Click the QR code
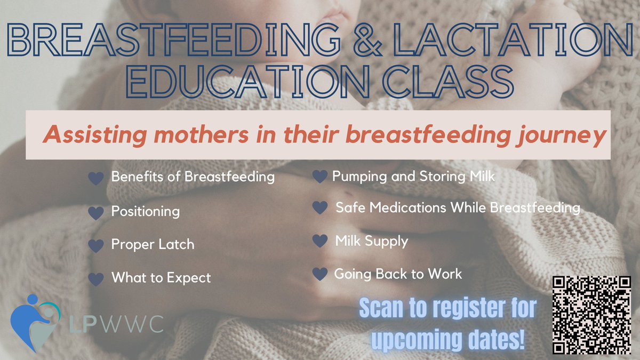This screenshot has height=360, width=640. tap(590, 315)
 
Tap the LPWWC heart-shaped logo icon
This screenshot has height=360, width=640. tap(33, 323)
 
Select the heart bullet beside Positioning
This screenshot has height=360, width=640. tap(95, 212)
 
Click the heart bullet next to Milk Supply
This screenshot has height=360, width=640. tap(319, 241)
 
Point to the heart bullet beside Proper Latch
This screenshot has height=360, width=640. tap(95, 245)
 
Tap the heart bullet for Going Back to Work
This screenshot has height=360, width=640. tap(319, 274)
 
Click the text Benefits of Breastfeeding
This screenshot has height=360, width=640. tap(193, 177)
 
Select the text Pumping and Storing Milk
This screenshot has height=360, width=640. tap(413, 176)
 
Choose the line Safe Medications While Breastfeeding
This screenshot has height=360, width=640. tap(458, 207)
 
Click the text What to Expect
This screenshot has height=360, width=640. tap(161, 278)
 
